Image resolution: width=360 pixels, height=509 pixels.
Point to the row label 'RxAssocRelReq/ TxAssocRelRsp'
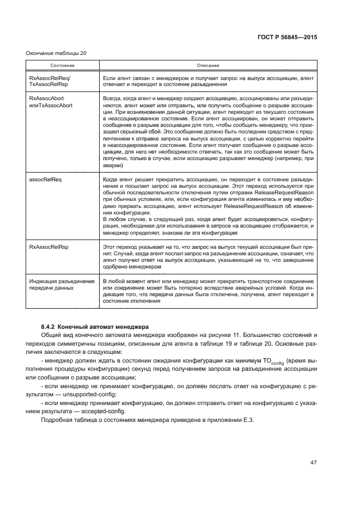click(x=47, y=82)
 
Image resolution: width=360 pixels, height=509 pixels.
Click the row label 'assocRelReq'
click(x=45, y=179)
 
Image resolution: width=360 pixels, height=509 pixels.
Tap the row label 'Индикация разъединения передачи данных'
click(x=60, y=283)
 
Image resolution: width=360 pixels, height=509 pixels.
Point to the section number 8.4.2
click(x=50, y=326)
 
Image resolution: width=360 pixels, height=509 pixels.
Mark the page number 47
click(x=313, y=463)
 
